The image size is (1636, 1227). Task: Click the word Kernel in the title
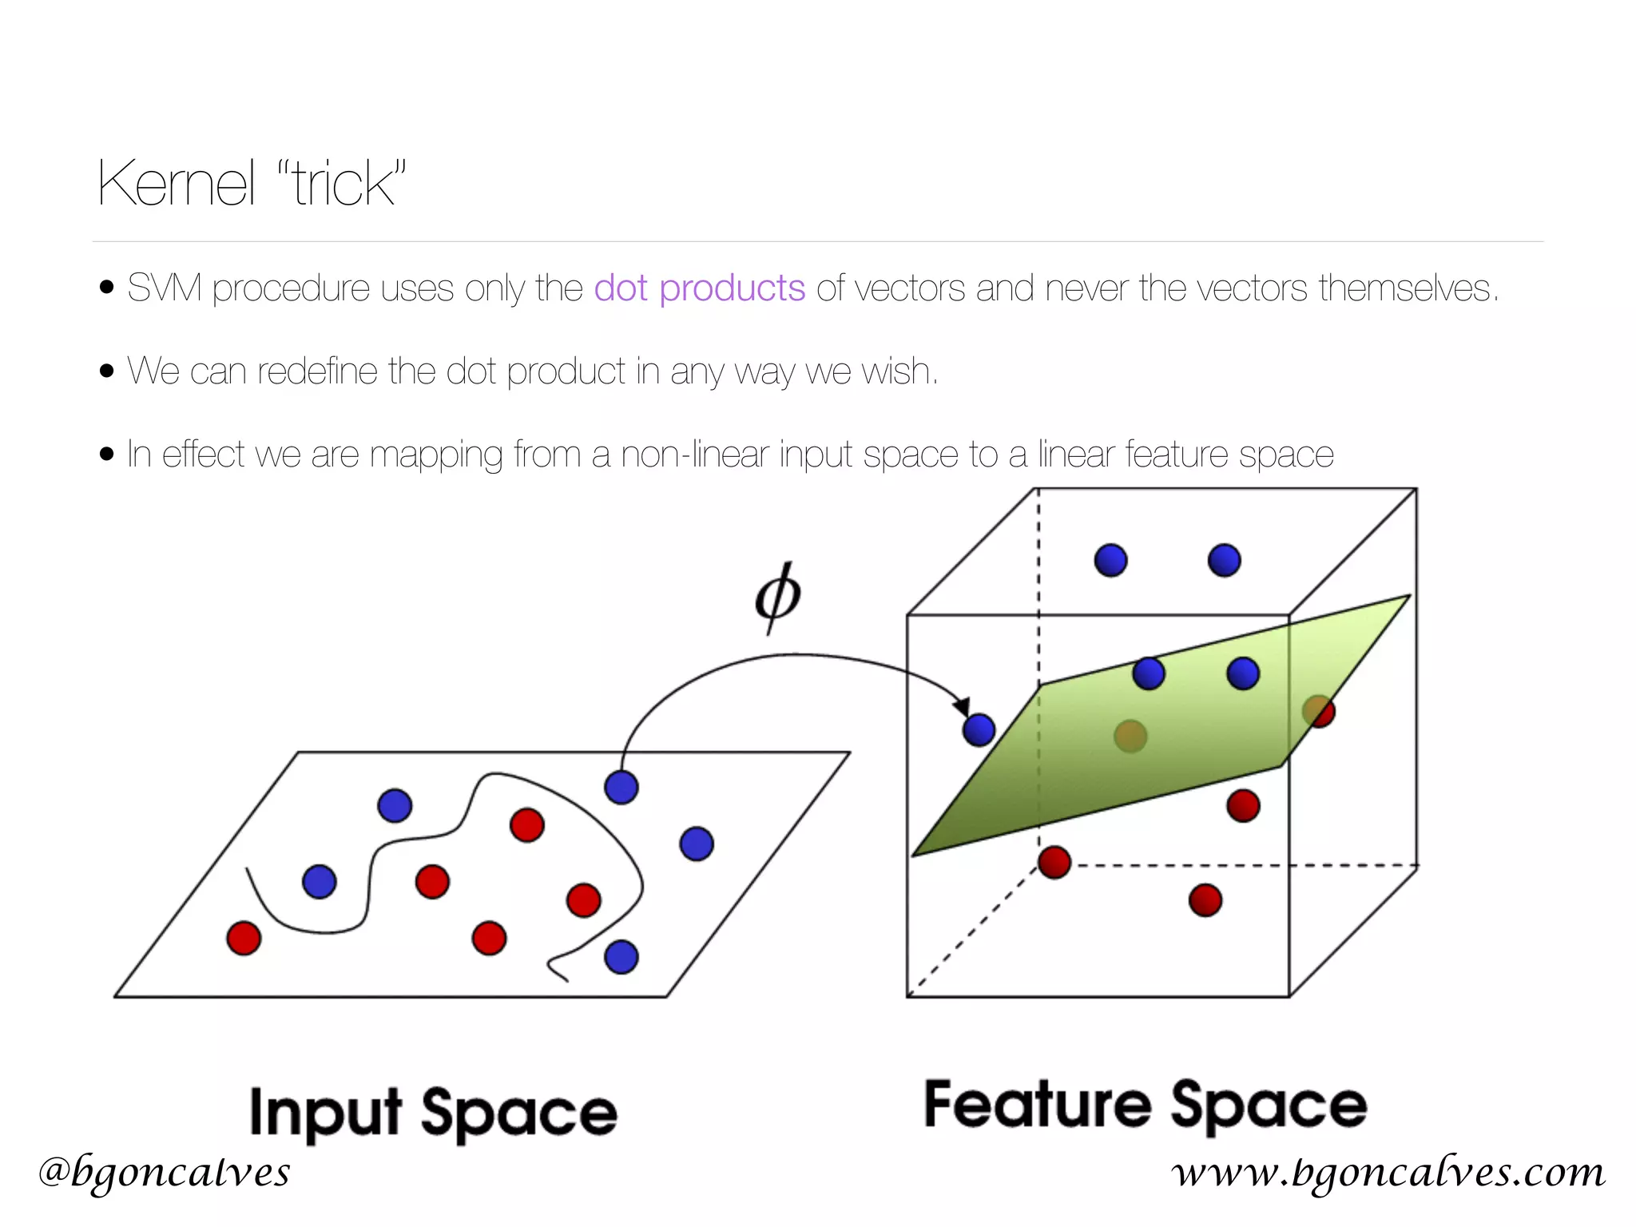coord(176,184)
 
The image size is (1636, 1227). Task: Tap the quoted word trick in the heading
coord(343,184)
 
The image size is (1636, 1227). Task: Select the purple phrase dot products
coord(699,288)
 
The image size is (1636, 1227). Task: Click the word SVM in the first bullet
coord(164,288)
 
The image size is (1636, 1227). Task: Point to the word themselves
coord(1407,288)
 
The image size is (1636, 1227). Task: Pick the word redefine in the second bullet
coord(317,371)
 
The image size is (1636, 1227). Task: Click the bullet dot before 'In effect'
coord(107,455)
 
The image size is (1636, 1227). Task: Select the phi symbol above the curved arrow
coord(777,597)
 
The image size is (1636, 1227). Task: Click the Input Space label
coord(433,1113)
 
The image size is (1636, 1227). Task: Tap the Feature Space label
coord(1146,1106)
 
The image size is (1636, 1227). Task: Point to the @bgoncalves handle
coord(164,1172)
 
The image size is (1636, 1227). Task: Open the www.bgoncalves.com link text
coord(1388,1172)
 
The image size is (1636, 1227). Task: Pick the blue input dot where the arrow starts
coord(621,788)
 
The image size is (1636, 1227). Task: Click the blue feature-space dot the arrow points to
coord(979,729)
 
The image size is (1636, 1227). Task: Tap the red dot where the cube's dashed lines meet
coord(1054,863)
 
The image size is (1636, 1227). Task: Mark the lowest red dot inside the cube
coord(1205,900)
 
